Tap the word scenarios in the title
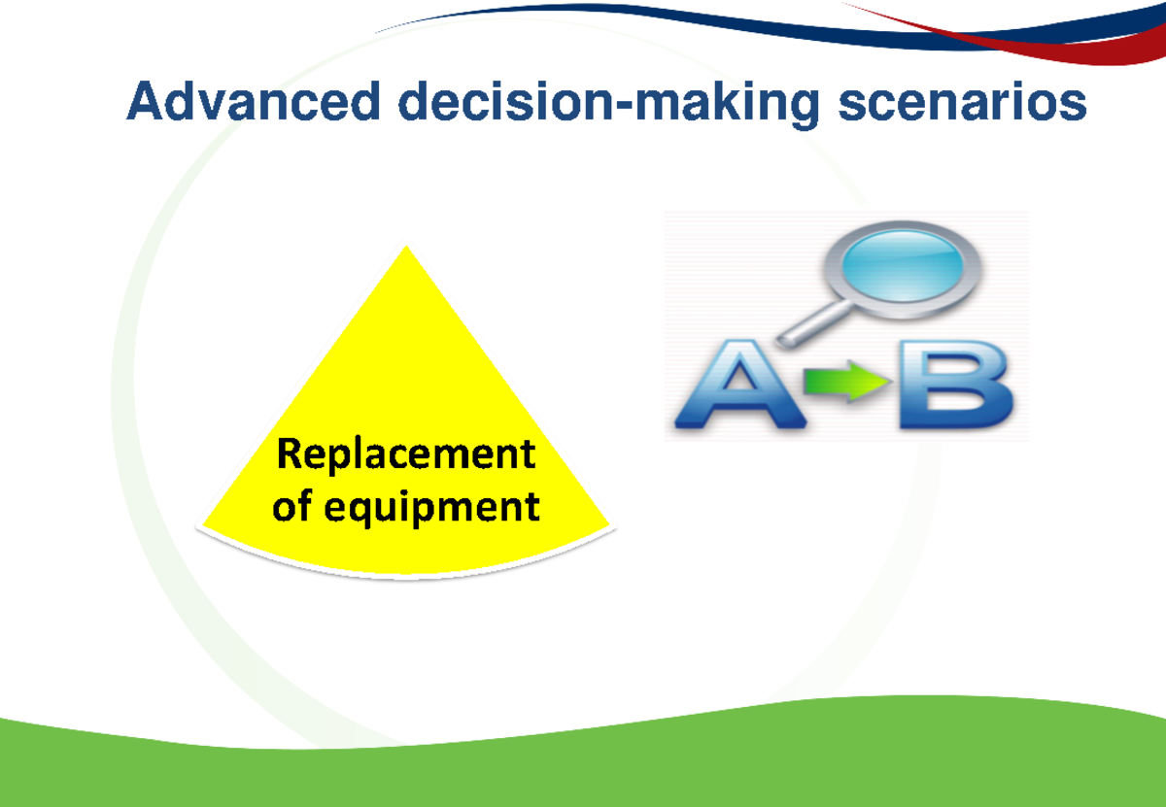962,103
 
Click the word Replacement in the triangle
405,454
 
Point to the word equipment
434,507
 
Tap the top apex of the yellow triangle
406,250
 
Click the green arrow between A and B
850,382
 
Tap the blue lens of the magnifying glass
901,263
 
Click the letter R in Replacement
288,454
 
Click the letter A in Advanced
143,102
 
